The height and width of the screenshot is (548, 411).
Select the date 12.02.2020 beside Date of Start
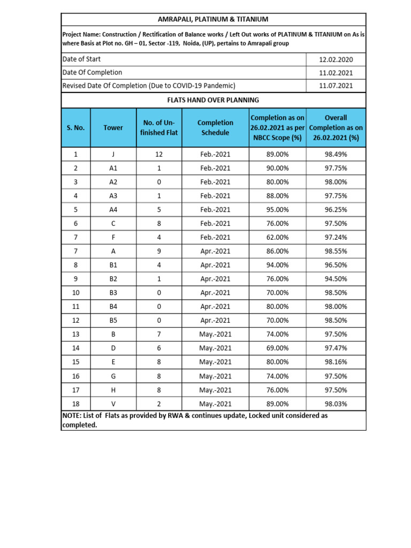pyautogui.click(x=336, y=59)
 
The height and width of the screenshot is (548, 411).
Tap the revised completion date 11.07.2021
pyautogui.click(x=336, y=85)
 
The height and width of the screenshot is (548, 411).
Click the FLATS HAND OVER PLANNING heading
pyautogui.click(x=214, y=100)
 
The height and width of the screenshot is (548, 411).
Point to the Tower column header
pyautogui.click(x=113, y=127)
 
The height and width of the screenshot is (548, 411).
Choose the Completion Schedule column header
pyautogui.click(x=215, y=127)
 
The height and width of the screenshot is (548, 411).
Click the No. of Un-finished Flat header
pyautogui.click(x=158, y=127)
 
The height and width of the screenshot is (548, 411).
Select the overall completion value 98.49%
pyautogui.click(x=336, y=154)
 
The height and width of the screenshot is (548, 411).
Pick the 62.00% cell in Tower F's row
pyautogui.click(x=277, y=237)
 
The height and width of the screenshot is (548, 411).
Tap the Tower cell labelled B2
pyautogui.click(x=113, y=279)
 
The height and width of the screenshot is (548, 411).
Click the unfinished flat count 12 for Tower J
pyautogui.click(x=158, y=154)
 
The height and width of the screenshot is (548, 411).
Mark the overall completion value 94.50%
pyautogui.click(x=336, y=279)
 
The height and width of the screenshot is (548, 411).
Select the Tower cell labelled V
pyautogui.click(x=113, y=404)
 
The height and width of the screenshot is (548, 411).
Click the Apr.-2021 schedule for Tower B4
pyautogui.click(x=215, y=307)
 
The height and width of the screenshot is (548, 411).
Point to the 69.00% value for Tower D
pyautogui.click(x=277, y=348)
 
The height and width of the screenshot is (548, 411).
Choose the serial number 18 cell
pyautogui.click(x=75, y=404)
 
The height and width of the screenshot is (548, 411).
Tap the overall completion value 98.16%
pyautogui.click(x=336, y=362)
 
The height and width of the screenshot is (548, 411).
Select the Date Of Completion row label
pyautogui.click(x=92, y=72)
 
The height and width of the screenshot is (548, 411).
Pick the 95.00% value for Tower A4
pyautogui.click(x=277, y=210)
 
